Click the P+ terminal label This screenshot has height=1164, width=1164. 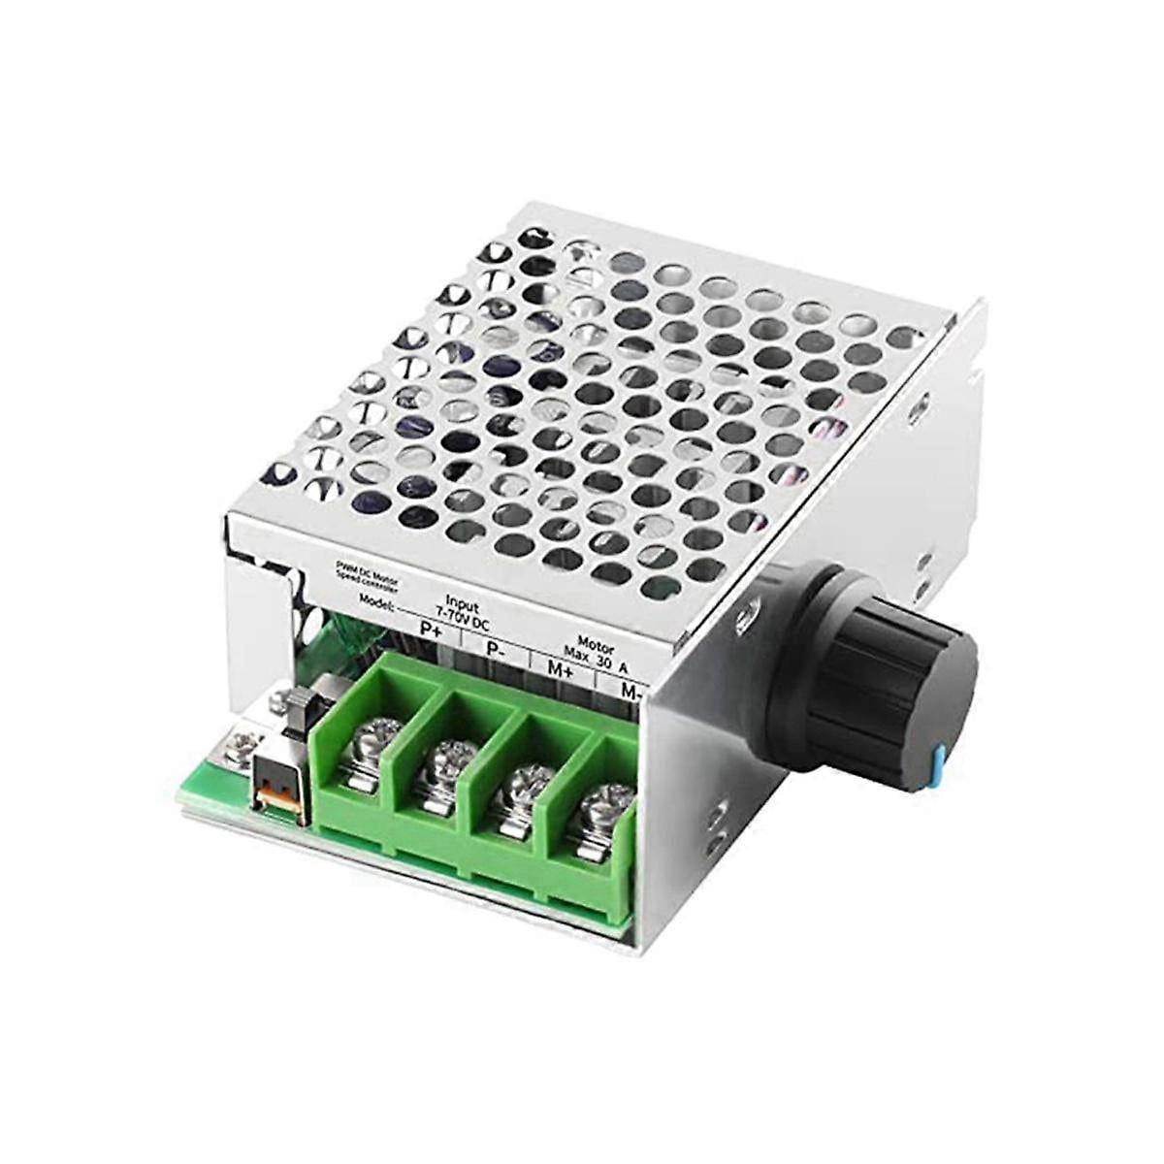[430, 628]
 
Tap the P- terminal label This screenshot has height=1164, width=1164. [497, 649]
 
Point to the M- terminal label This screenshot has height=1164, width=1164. [631, 692]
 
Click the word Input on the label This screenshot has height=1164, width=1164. [463, 600]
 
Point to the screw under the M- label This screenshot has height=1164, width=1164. [599, 808]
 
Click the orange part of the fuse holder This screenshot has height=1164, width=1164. [275, 801]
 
